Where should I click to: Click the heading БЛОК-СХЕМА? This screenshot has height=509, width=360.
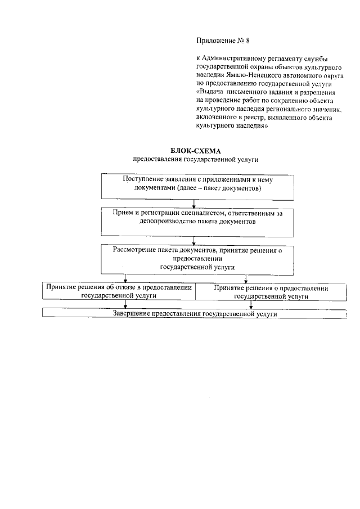(x=196, y=151)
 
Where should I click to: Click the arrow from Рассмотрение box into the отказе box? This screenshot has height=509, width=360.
(x=125, y=277)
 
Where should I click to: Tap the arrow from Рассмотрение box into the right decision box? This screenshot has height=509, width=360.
(x=244, y=277)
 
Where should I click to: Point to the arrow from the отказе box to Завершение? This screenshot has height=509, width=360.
(x=125, y=304)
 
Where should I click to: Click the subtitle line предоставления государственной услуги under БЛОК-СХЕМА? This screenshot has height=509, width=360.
(x=196, y=160)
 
